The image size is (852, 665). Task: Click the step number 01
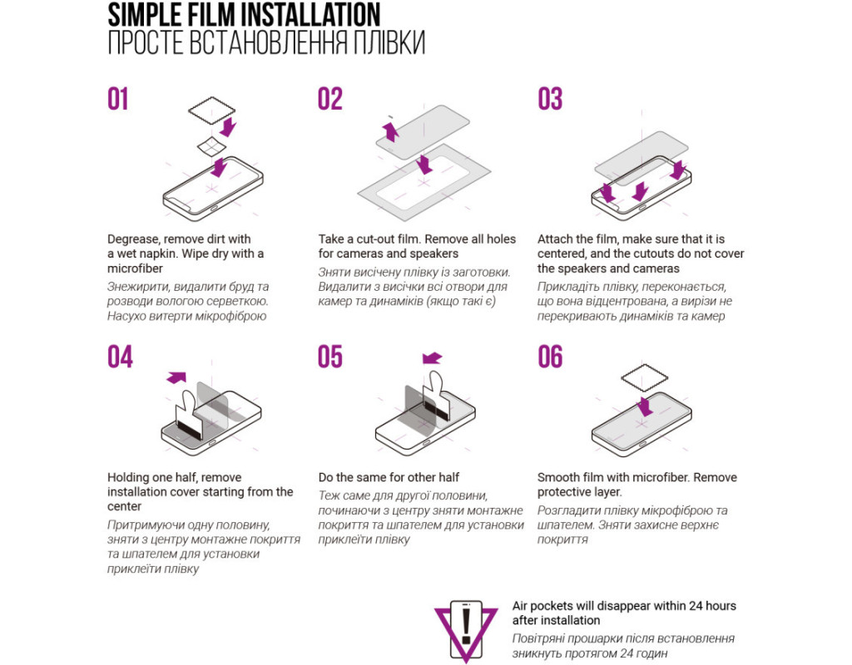tap(118, 100)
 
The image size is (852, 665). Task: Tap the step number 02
tap(330, 100)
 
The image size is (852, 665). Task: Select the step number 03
tap(550, 100)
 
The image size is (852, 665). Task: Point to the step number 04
tap(120, 357)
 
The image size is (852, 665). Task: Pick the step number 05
tap(330, 357)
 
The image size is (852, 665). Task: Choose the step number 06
tap(550, 357)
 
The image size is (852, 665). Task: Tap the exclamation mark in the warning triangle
tap(466, 625)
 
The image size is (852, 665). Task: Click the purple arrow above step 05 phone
tap(433, 357)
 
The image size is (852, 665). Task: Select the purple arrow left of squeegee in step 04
tap(176, 377)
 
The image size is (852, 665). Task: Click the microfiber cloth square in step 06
tap(645, 378)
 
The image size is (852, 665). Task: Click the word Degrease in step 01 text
tap(134, 239)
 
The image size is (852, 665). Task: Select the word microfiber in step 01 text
tap(135, 268)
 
